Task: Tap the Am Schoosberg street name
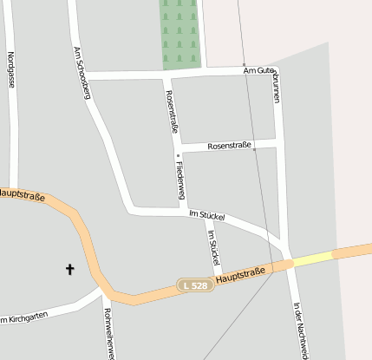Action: (82, 73)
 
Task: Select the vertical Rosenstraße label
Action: (172, 111)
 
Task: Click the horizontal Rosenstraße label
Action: (229, 146)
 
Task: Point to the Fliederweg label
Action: (179, 180)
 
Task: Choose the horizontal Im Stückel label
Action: (206, 213)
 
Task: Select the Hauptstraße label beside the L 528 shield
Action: (241, 277)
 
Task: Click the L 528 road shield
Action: (195, 285)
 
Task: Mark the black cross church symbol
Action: (70, 270)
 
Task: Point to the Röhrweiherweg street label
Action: (109, 332)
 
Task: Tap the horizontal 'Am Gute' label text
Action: (258, 71)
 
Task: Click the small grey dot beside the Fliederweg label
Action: (178, 156)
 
